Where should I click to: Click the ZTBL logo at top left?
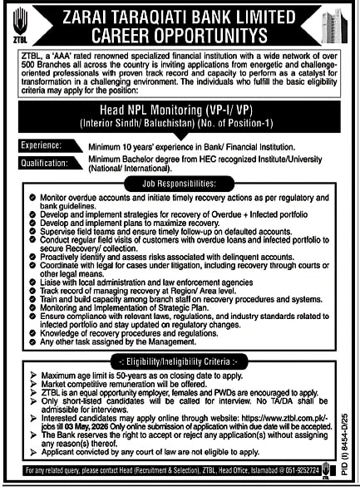coord(19,24)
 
